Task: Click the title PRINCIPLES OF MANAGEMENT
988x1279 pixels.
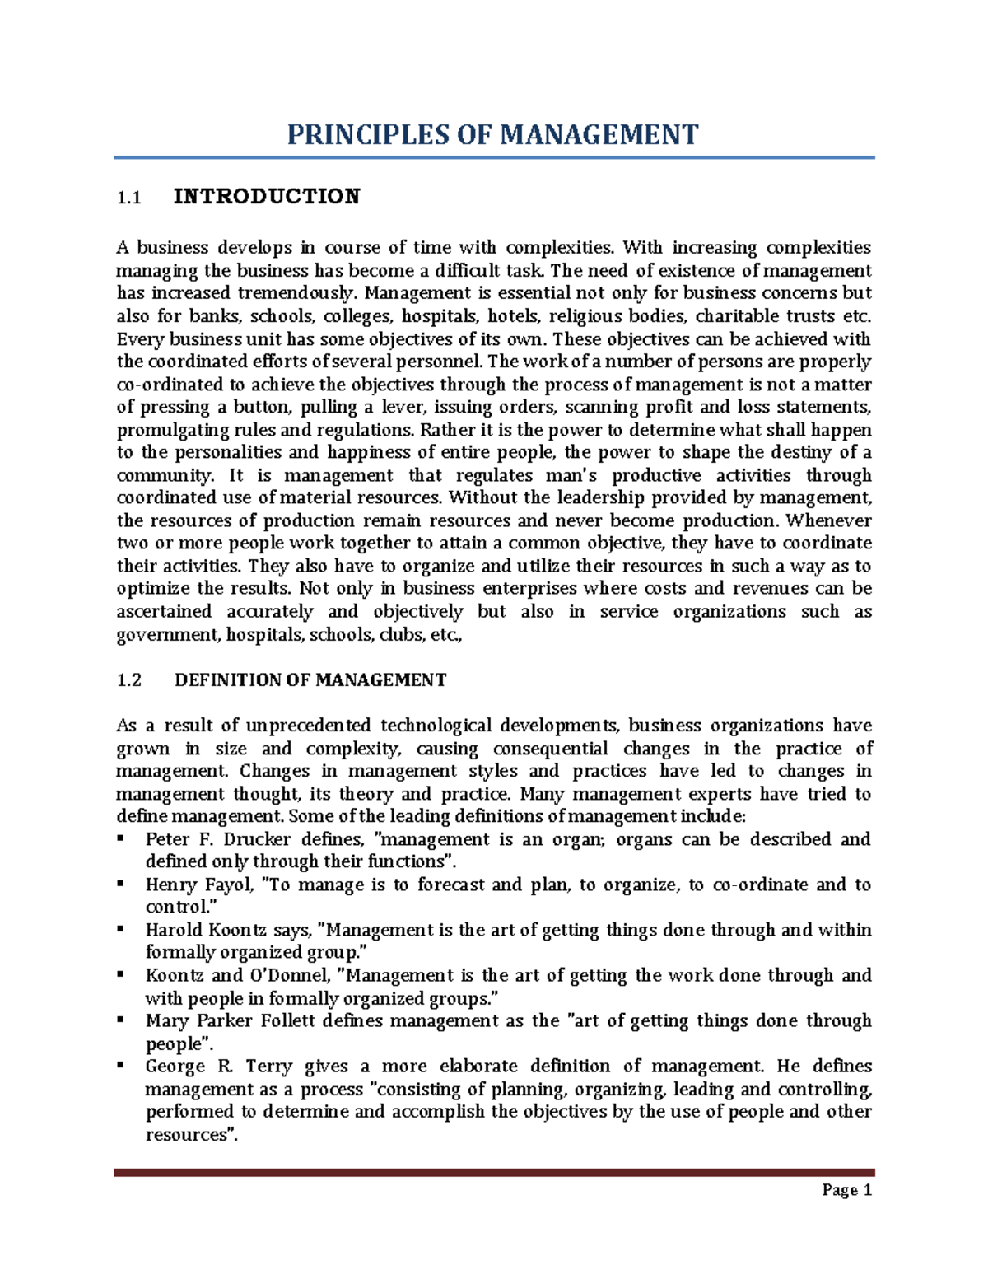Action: [492, 135]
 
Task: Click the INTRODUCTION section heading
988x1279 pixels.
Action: [267, 197]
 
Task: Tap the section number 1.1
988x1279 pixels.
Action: [128, 198]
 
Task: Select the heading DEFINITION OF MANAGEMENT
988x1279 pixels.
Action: [310, 680]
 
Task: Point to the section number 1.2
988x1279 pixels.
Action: [129, 680]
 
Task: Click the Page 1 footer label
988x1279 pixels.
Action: [846, 1190]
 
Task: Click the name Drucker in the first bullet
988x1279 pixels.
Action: [257, 839]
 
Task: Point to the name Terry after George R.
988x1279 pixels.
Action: [268, 1067]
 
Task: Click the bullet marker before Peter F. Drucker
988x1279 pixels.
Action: [121, 838]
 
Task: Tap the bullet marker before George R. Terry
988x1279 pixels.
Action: [121, 1065]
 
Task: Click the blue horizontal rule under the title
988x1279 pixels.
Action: [494, 157]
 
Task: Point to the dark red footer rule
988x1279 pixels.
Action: [494, 1172]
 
